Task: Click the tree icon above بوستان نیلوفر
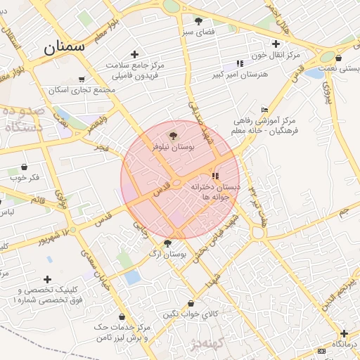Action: pyautogui.click(x=173, y=135)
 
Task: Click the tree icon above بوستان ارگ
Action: pyautogui.click(x=167, y=243)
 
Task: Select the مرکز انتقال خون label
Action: pyautogui.click(x=276, y=55)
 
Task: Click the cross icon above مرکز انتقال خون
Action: pyautogui.click(x=276, y=44)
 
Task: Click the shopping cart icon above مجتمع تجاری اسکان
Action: pyautogui.click(x=82, y=79)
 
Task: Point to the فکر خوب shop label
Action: pyautogui.click(x=25, y=178)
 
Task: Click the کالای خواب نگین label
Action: pyautogui.click(x=191, y=314)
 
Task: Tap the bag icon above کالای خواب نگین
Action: pyautogui.click(x=191, y=303)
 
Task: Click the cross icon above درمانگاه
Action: pyautogui.click(x=344, y=333)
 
